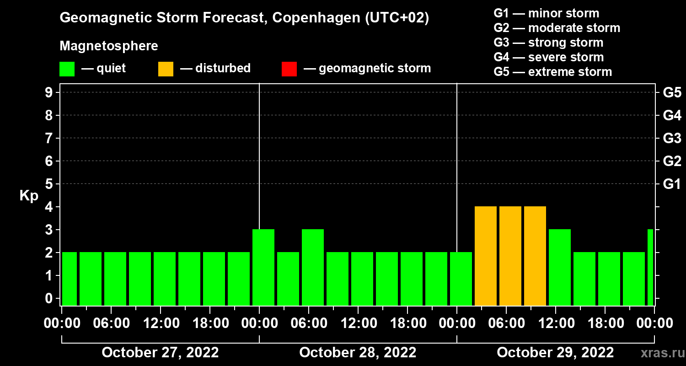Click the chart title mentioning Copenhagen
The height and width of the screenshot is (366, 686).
tap(244, 18)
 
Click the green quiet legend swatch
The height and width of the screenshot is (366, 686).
tap(67, 69)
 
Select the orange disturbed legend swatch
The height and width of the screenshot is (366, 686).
tap(166, 69)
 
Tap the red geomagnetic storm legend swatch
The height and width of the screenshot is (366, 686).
tap(289, 69)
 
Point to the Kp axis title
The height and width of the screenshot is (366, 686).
tap(29, 195)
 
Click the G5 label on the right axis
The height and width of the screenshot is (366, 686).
tap(672, 92)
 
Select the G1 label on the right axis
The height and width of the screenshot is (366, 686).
tap(672, 184)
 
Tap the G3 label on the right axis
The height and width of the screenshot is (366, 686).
tap(672, 138)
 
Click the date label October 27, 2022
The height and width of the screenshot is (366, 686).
tap(160, 353)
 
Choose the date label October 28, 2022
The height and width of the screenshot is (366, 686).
tap(358, 353)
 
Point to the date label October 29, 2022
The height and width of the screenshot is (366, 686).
tap(555, 353)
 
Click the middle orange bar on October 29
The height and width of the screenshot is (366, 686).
tap(510, 256)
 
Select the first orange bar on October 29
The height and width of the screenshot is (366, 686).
tap(486, 256)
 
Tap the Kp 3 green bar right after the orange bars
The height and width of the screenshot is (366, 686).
tap(560, 267)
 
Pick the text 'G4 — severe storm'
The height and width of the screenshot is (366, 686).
tap(549, 57)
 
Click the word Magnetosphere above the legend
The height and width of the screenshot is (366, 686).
tap(109, 46)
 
